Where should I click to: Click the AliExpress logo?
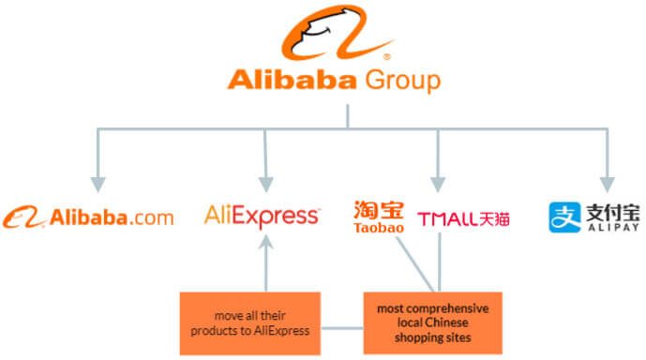click(262, 216)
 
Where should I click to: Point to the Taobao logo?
click(378, 217)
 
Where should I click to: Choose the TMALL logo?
click(463, 218)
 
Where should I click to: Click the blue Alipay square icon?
click(563, 217)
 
